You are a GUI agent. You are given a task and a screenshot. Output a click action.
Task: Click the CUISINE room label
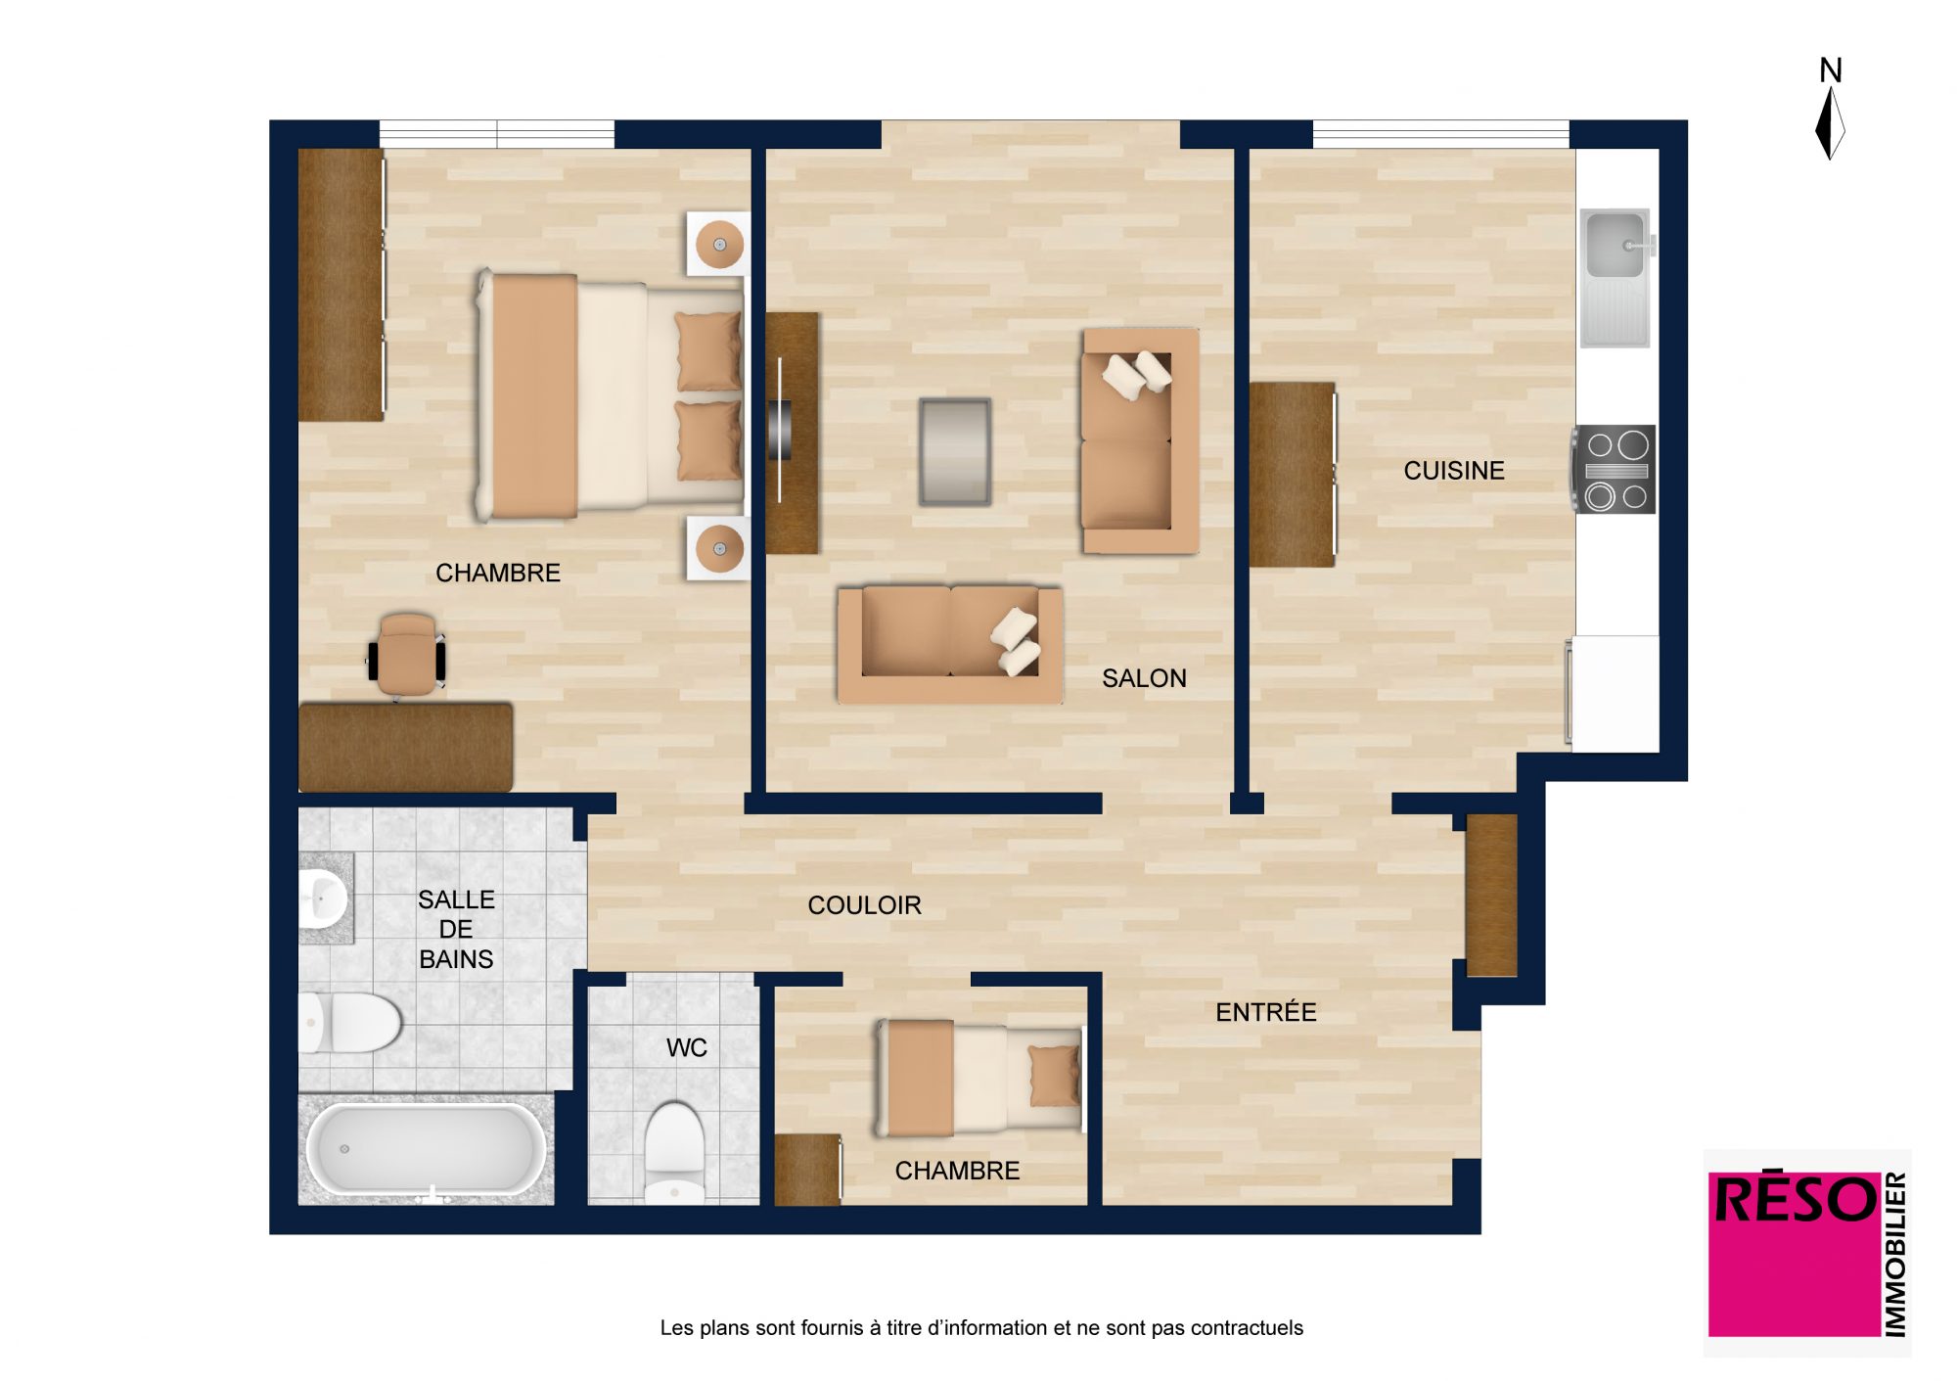pyautogui.click(x=1454, y=471)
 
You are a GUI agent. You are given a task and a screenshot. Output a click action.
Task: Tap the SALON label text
pyautogui.click(x=1144, y=678)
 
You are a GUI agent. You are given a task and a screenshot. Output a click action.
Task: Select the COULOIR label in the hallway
pyautogui.click(x=864, y=905)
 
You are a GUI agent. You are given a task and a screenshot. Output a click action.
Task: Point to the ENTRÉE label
pyautogui.click(x=1266, y=1012)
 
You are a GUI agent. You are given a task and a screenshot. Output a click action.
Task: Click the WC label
pyautogui.click(x=686, y=1048)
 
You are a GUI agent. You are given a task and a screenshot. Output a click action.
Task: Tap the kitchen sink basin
pyautogui.click(x=1615, y=245)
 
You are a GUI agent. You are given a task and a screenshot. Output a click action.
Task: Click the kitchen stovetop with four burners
pyautogui.click(x=1615, y=470)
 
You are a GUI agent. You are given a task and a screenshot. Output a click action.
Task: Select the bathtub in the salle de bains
pyautogui.click(x=427, y=1149)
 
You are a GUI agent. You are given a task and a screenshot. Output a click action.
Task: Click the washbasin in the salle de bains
pyautogui.click(x=322, y=898)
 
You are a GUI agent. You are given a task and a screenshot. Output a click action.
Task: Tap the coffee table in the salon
pyautogui.click(x=955, y=452)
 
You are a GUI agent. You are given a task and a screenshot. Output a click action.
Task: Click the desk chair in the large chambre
pyautogui.click(x=406, y=655)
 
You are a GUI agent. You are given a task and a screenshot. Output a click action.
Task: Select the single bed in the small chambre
pyautogui.click(x=979, y=1078)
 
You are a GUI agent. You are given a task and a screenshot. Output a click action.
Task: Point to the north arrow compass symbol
pyautogui.click(x=1830, y=124)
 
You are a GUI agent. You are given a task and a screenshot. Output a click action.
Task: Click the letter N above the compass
pyautogui.click(x=1830, y=70)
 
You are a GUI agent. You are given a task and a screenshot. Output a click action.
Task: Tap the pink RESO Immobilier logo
pyautogui.click(x=1808, y=1253)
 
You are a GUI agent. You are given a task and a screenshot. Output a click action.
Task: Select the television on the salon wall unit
pyautogui.click(x=780, y=431)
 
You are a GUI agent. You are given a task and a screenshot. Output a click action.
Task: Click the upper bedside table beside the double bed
pyautogui.click(x=718, y=245)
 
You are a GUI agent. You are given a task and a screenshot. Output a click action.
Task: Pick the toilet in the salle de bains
pyautogui.click(x=349, y=1023)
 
